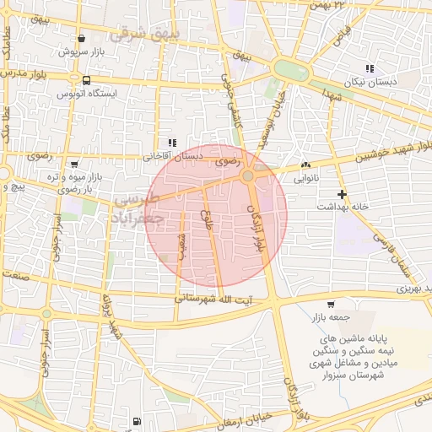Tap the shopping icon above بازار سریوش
[x=81, y=38]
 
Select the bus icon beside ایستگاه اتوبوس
[x=87, y=80]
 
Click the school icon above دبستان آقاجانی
[x=172, y=143]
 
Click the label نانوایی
[x=305, y=179]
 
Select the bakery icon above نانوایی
[x=305, y=166]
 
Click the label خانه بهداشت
[x=343, y=207]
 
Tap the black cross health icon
[x=342, y=194]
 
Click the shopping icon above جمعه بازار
[x=330, y=305]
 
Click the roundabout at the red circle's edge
[x=248, y=176]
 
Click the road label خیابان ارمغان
[x=246, y=415]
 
